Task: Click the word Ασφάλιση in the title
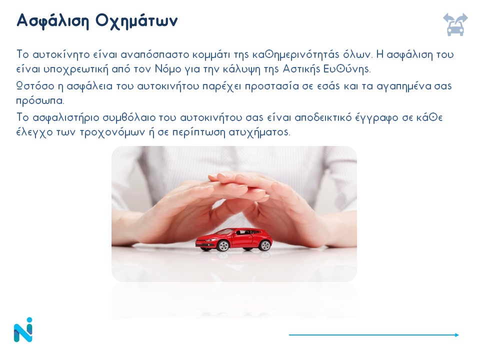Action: pos(52,21)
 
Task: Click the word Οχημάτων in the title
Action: pos(136,21)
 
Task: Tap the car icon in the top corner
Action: pos(455,24)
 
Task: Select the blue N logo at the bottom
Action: pos(23,329)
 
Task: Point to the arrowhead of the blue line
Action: pos(457,335)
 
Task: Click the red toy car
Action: pos(234,239)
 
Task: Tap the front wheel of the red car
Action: pos(223,246)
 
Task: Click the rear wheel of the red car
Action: pos(265,245)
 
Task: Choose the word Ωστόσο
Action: pos(35,86)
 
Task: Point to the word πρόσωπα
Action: pos(40,101)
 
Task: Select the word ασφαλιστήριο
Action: pos(66,118)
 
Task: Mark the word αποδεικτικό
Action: pos(323,117)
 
